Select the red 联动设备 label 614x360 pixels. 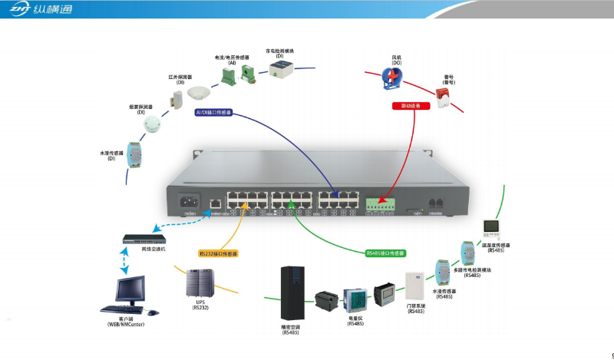[410, 106]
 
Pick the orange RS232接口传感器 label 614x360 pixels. [219, 253]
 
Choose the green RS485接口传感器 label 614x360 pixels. [385, 253]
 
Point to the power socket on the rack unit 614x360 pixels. [189, 203]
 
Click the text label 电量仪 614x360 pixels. [355, 319]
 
